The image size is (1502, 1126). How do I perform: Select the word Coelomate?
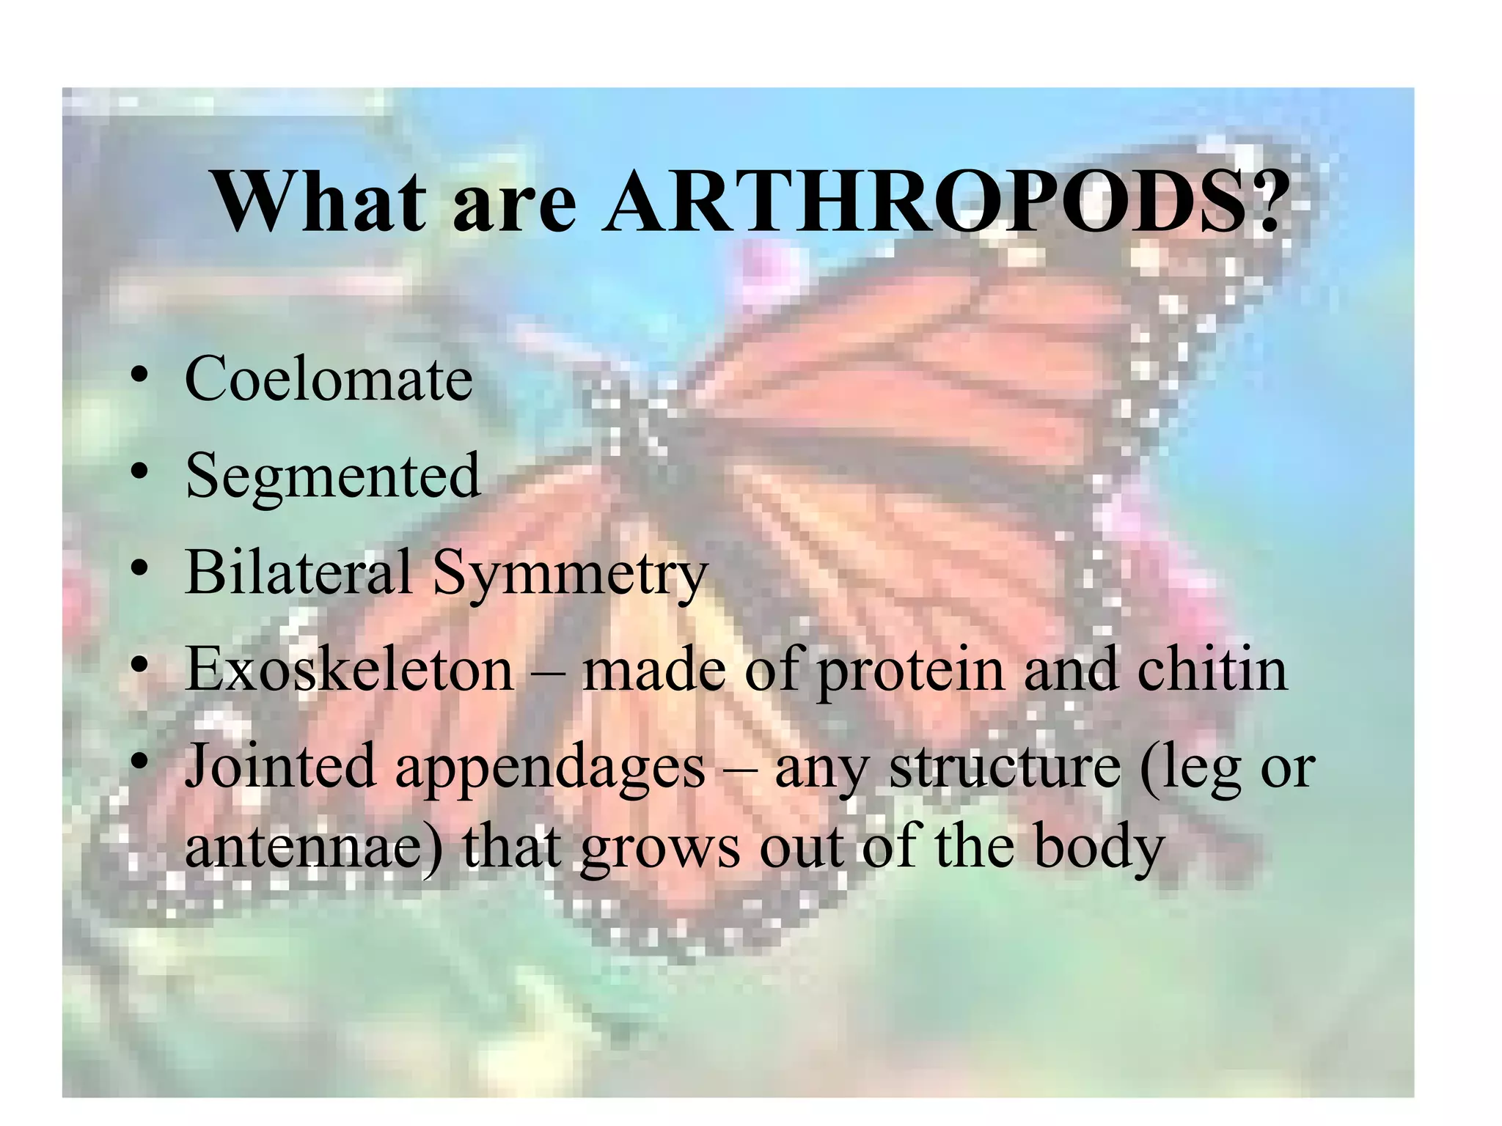[x=329, y=379]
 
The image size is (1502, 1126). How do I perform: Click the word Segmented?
[x=333, y=476]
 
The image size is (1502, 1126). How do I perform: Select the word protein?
[x=910, y=671]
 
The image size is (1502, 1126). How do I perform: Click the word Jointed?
[x=279, y=765]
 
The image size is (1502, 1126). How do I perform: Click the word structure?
[x=1005, y=767]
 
